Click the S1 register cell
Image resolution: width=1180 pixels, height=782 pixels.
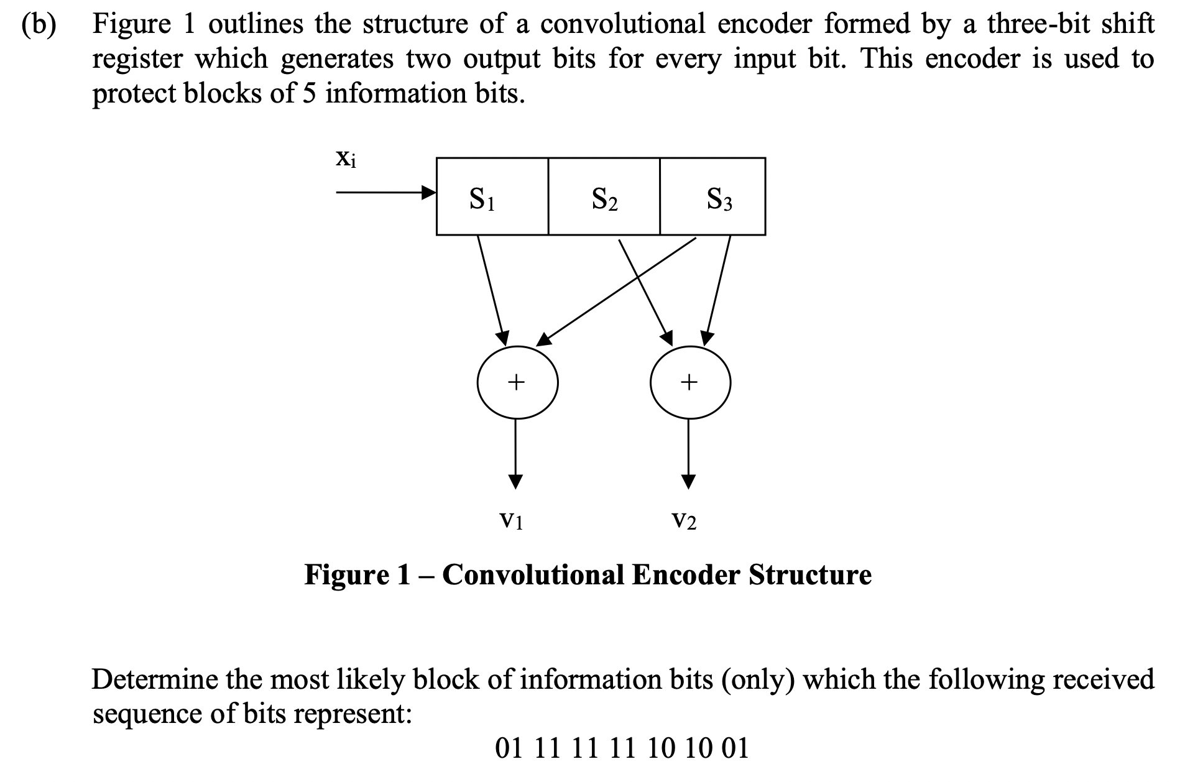click(x=492, y=196)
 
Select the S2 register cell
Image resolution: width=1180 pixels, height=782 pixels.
click(x=604, y=196)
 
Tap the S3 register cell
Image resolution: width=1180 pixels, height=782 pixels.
click(x=713, y=196)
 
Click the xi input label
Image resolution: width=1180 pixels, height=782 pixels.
click(x=346, y=159)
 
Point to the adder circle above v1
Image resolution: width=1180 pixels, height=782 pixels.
click(x=517, y=382)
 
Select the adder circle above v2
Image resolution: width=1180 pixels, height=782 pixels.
click(x=690, y=382)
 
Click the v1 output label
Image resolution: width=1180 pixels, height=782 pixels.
click(x=512, y=519)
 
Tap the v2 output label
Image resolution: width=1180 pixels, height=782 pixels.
click(x=684, y=519)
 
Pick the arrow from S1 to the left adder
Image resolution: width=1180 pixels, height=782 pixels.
click(x=492, y=288)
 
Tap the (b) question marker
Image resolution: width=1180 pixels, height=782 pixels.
click(x=39, y=24)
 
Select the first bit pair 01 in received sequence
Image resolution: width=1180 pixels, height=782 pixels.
click(x=509, y=748)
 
